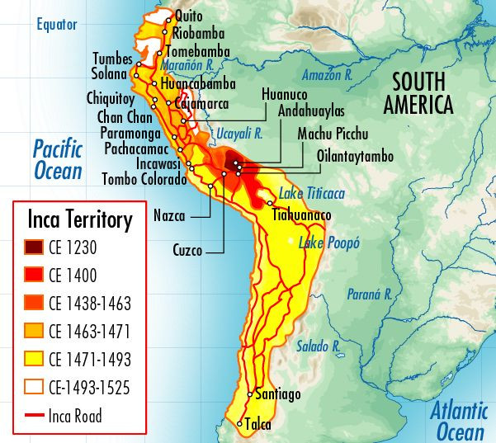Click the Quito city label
click(x=189, y=16)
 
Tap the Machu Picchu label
click(x=333, y=134)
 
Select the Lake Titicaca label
click(x=311, y=192)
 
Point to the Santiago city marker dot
click(x=253, y=394)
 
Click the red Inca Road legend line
click(x=32, y=416)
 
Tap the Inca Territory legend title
click(x=79, y=220)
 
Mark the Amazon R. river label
click(x=328, y=74)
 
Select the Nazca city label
click(x=169, y=217)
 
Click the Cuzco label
click(x=187, y=249)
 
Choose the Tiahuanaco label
click(x=302, y=215)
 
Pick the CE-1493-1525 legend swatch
click(x=32, y=388)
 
